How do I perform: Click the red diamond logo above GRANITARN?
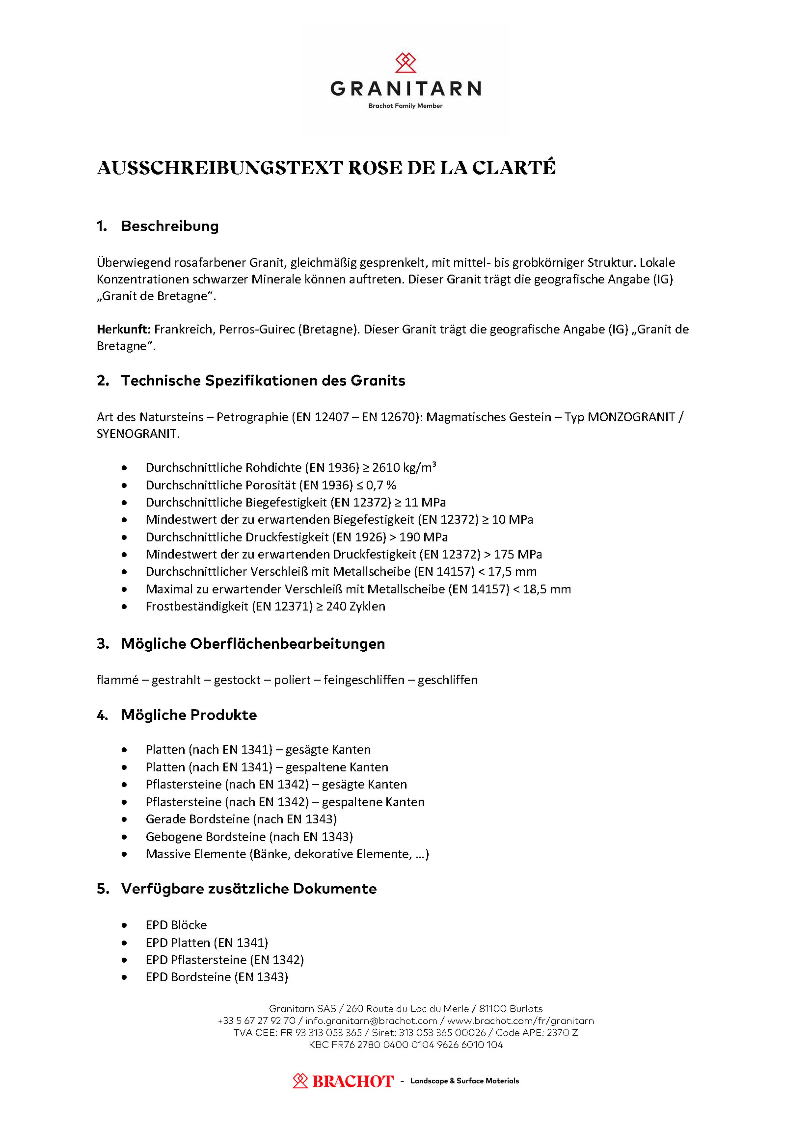[x=406, y=63]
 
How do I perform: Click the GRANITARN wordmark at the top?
[x=406, y=89]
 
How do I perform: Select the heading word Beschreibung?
[x=170, y=226]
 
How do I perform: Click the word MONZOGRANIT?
[x=631, y=417]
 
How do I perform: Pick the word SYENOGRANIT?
[x=137, y=434]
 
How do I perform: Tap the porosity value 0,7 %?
[x=381, y=485]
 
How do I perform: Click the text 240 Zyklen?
[x=355, y=606]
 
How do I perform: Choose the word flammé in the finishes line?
[x=118, y=680]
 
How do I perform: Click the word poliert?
[x=292, y=680]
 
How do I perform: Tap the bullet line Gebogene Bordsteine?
[x=249, y=837]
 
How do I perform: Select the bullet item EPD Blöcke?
[x=176, y=925]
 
